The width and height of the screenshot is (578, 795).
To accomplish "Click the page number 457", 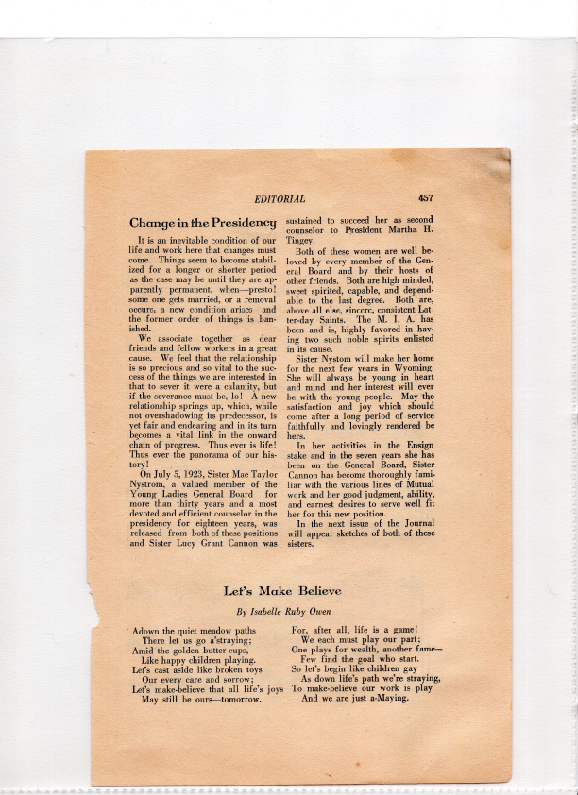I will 425,198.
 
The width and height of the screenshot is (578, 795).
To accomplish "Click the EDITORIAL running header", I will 280,199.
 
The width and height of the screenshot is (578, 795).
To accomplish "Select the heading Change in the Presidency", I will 202,223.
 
